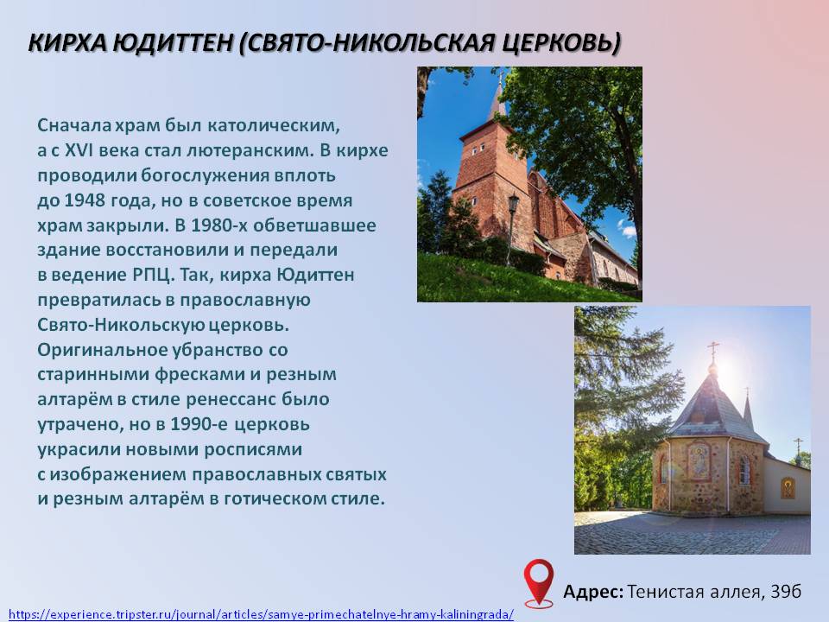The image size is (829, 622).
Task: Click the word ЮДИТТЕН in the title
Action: (x=173, y=43)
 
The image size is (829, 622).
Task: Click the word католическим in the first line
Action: (x=274, y=126)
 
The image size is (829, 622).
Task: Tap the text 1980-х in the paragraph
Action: (x=218, y=225)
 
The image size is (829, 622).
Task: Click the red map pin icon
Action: (x=539, y=582)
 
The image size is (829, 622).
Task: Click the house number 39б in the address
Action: (x=786, y=591)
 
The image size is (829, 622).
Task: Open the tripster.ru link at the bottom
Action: (x=261, y=614)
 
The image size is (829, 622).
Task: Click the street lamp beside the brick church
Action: (x=512, y=228)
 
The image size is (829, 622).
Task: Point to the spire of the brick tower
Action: (x=497, y=96)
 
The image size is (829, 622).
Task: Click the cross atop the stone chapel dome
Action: (x=713, y=350)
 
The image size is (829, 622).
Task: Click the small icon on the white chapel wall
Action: (x=788, y=488)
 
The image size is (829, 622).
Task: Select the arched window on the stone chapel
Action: (x=744, y=470)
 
